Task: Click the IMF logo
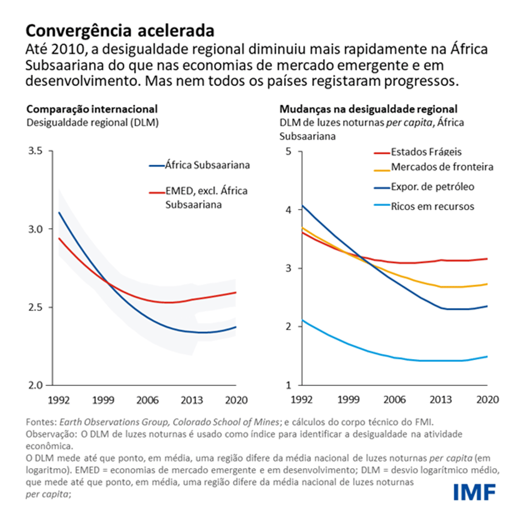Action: [474, 491]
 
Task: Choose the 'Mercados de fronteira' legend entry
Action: [442, 167]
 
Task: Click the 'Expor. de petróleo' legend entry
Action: [432, 187]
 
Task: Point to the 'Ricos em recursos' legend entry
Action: [432, 206]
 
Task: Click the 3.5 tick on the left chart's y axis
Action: [37, 151]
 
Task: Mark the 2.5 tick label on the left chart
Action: [37, 307]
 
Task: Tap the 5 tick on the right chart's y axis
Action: [289, 151]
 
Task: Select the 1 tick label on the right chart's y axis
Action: [289, 385]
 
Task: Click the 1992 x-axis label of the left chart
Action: [59, 400]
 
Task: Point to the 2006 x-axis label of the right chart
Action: [394, 400]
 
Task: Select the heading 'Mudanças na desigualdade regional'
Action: [368, 109]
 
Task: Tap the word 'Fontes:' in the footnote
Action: [41, 422]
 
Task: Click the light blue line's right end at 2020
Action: [487, 357]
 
